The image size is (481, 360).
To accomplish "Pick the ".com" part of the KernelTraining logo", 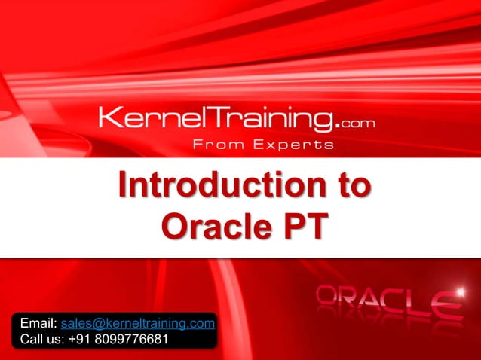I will [x=355, y=121].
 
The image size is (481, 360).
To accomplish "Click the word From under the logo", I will [x=216, y=145].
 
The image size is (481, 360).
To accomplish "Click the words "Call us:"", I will [x=42, y=339].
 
